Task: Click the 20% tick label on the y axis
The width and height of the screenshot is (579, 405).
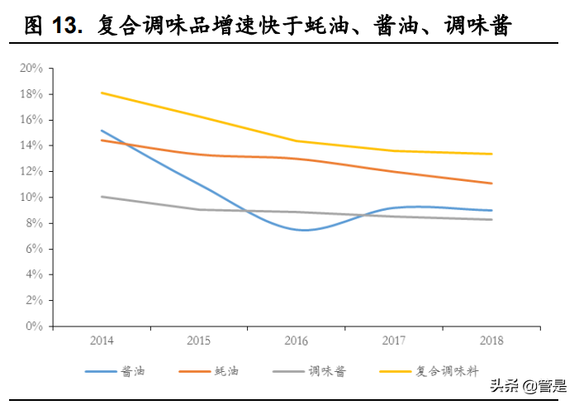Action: coord(31,69)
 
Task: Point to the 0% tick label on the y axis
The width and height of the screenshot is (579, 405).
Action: coord(33,326)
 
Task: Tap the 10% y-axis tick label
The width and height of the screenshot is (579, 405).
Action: coord(31,198)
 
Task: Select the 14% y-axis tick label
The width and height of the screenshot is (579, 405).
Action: coord(31,145)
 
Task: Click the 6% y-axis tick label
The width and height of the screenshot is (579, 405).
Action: coord(33,249)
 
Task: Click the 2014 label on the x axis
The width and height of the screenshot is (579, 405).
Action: coord(102,341)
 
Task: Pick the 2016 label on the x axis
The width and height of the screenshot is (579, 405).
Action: coord(297,341)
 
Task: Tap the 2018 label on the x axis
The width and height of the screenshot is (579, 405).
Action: coord(492,341)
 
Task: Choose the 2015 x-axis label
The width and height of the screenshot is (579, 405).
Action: coord(200,341)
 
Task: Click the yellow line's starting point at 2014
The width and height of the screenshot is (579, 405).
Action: coord(102,93)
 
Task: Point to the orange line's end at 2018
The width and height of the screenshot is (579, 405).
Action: coord(492,183)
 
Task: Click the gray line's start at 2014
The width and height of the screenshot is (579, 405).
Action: coord(102,197)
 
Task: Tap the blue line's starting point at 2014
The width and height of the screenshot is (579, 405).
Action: coord(102,131)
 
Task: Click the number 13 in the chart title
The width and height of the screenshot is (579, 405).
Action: coord(66,26)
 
